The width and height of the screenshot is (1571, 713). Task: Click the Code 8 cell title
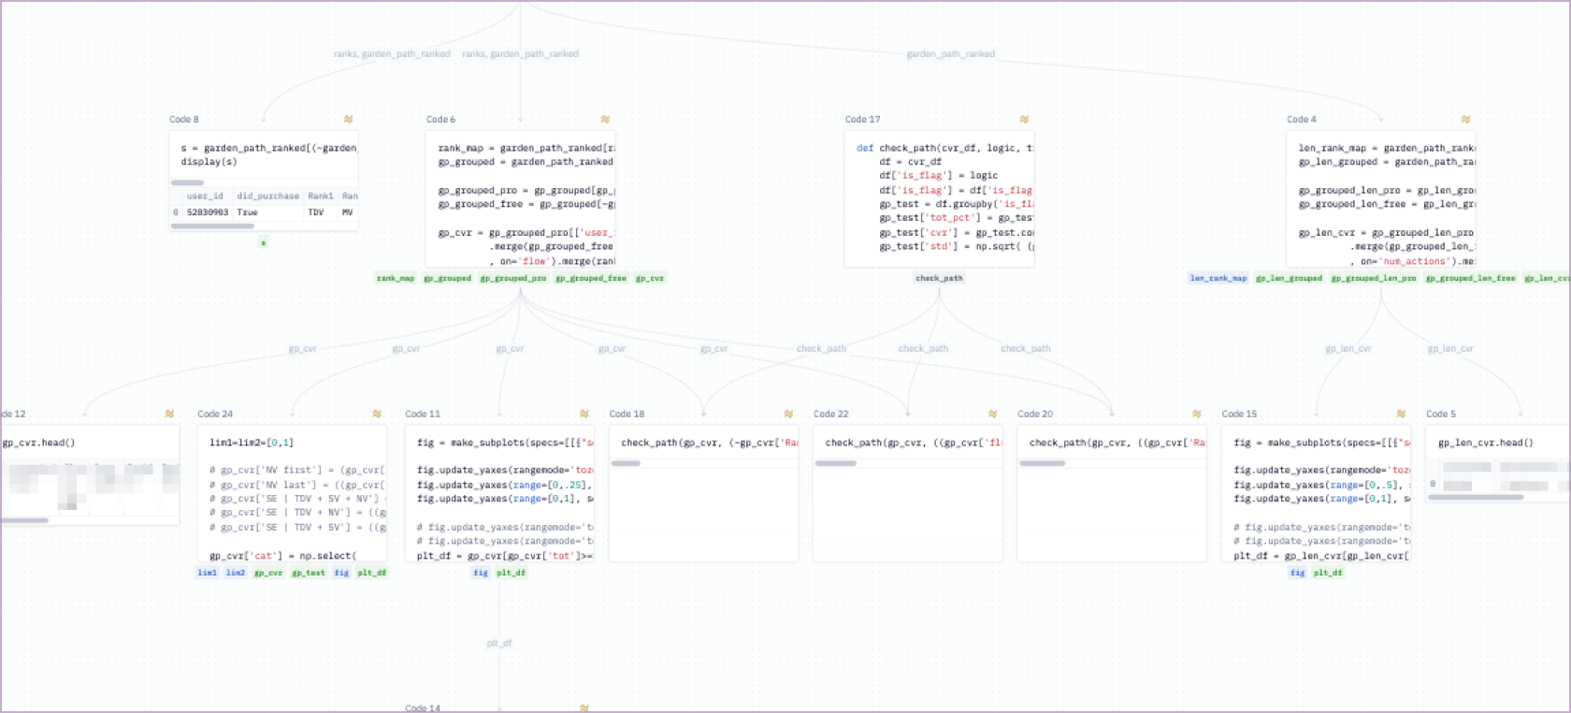point(183,120)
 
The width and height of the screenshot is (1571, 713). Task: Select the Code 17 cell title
point(862,120)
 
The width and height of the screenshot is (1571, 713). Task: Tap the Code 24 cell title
point(215,414)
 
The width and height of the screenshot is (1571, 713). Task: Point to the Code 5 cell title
point(1440,414)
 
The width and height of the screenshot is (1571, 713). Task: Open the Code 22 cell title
point(830,414)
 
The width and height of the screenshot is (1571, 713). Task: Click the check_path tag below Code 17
point(939,278)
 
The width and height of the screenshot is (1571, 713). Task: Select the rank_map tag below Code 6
point(396,278)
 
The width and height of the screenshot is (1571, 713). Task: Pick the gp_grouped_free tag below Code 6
point(591,278)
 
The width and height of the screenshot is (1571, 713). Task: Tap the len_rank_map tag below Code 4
point(1218,278)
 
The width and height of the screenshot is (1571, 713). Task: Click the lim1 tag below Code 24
point(207,573)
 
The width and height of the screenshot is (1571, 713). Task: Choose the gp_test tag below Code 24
point(309,573)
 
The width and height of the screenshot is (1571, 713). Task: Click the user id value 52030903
point(208,212)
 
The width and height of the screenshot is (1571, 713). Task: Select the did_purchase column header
point(267,196)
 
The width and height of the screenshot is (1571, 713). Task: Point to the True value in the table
point(247,212)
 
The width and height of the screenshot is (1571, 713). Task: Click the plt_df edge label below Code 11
point(499,643)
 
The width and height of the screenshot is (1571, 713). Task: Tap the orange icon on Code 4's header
point(1465,120)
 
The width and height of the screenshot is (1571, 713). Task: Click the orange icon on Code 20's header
point(1196,414)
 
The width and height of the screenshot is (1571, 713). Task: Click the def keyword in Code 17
point(865,148)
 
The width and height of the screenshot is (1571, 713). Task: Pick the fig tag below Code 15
point(1297,573)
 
